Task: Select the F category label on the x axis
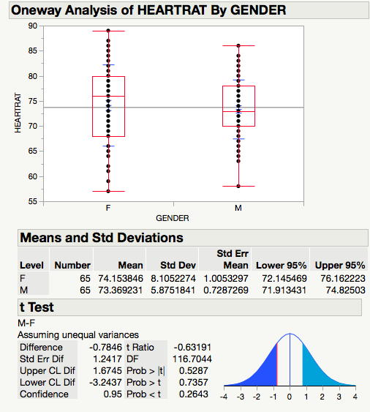(108, 209)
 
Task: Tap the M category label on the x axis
(238, 209)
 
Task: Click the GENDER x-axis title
(173, 218)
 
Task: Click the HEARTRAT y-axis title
(18, 113)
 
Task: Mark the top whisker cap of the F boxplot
(108, 31)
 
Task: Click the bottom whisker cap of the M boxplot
(238, 186)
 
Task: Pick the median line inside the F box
(108, 96)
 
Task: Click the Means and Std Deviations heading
(102, 238)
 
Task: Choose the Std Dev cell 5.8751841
(173, 288)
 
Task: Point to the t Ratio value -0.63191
(191, 347)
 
